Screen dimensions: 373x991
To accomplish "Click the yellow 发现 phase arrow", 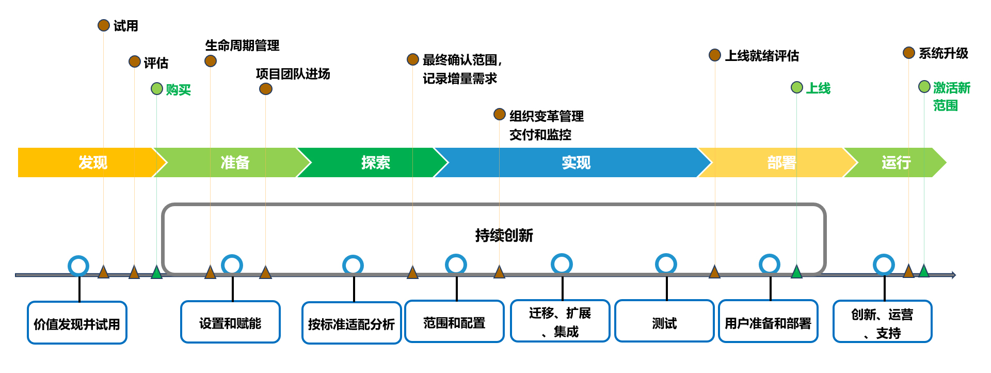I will (88, 163).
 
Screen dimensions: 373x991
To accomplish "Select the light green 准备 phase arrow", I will (232, 163).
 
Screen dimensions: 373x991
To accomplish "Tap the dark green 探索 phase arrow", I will (372, 163).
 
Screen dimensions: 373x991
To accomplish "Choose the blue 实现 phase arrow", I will (573, 163).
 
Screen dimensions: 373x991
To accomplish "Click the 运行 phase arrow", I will (896, 163).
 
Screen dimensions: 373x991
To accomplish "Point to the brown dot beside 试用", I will (104, 25).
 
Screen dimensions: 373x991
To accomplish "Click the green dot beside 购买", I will (157, 89).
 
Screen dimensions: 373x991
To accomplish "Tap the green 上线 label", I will (818, 88).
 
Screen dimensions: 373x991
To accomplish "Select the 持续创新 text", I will (504, 236).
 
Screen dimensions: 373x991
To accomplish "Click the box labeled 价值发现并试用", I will (77, 323).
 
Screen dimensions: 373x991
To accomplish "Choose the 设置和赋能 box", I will (230, 322).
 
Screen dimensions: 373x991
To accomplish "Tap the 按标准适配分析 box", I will (351, 323).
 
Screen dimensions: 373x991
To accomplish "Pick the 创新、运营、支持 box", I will (882, 322).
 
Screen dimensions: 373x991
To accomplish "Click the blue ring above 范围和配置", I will (456, 265).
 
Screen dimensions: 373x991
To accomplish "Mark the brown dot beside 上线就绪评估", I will (715, 55).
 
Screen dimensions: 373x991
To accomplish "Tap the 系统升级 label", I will (943, 53).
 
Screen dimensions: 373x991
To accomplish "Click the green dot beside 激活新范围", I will (924, 87).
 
